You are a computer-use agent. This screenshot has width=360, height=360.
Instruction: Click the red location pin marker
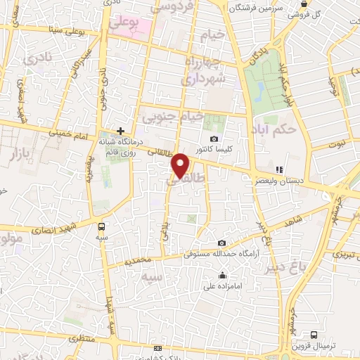(x=181, y=165)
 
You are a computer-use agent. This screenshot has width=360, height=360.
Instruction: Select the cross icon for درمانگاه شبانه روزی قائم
(x=121, y=131)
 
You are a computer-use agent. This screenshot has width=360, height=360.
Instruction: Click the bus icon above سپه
(x=102, y=226)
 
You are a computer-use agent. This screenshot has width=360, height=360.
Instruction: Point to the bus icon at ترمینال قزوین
(x=314, y=335)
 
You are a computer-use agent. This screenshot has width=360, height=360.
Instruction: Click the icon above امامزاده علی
(x=223, y=275)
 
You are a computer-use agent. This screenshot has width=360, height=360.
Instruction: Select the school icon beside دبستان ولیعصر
(x=278, y=169)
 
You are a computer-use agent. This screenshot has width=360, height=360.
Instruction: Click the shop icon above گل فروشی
(x=302, y=4)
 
